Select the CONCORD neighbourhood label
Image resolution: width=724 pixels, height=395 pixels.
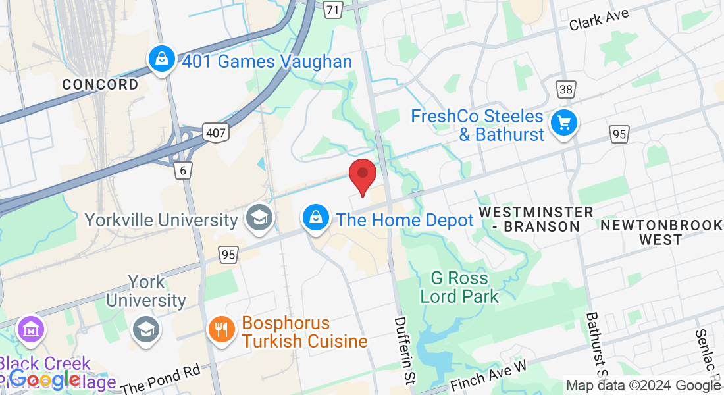[100, 84]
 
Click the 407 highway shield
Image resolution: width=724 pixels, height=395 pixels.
[215, 133]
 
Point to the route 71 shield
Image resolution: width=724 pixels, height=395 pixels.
[334, 9]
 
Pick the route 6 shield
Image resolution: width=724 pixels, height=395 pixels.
[183, 171]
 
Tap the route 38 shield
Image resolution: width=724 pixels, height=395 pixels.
[565, 90]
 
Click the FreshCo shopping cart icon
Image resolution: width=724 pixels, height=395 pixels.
[564, 122]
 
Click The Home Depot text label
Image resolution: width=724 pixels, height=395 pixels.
[405, 220]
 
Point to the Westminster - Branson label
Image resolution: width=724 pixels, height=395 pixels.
[536, 219]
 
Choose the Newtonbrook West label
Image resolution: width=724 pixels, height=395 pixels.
[661, 232]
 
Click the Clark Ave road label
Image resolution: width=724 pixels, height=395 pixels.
[599, 20]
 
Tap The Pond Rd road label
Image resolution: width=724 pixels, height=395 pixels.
[161, 380]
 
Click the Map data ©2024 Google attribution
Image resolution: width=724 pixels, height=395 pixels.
[643, 386]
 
